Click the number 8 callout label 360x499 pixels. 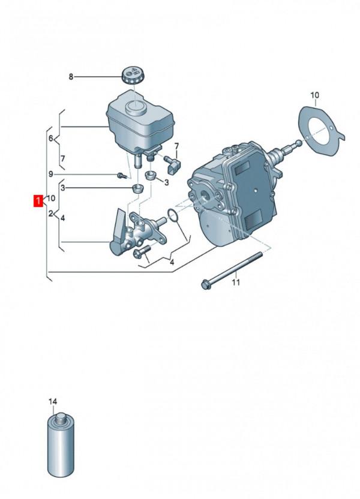tap(71, 77)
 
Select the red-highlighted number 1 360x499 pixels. tap(38, 200)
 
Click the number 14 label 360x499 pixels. tap(53, 401)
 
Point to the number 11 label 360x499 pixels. tap(236, 282)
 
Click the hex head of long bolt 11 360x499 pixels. tap(205, 284)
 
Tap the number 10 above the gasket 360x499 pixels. tap(315, 95)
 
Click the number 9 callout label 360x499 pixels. tap(52, 174)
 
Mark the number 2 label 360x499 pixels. tap(51, 213)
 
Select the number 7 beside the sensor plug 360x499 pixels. tap(177, 146)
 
